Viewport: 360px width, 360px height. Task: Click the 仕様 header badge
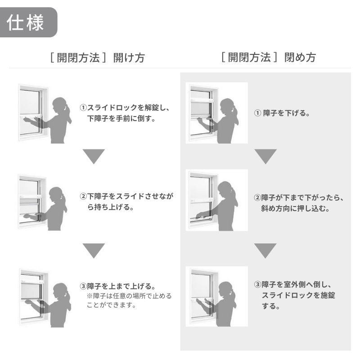point(28,22)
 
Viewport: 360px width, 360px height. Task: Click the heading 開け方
point(129,58)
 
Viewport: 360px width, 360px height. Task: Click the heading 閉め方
point(300,58)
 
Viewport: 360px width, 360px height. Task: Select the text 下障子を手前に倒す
point(121,119)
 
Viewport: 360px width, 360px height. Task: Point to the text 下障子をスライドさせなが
point(130,197)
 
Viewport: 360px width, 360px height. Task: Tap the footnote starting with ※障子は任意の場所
point(129,300)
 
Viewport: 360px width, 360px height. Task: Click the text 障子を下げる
point(286,113)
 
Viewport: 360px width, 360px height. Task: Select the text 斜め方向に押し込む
point(295,208)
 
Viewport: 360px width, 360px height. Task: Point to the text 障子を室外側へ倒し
point(297,285)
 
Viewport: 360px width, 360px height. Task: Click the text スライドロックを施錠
point(298,296)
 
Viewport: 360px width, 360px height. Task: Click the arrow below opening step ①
point(94,157)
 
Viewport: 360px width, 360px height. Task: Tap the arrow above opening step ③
point(94,251)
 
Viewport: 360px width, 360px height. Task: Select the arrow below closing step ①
point(265,157)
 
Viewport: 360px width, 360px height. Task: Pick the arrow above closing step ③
point(265,251)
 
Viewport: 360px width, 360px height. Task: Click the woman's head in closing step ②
point(225,189)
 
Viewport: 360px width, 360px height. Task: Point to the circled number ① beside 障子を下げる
point(257,113)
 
